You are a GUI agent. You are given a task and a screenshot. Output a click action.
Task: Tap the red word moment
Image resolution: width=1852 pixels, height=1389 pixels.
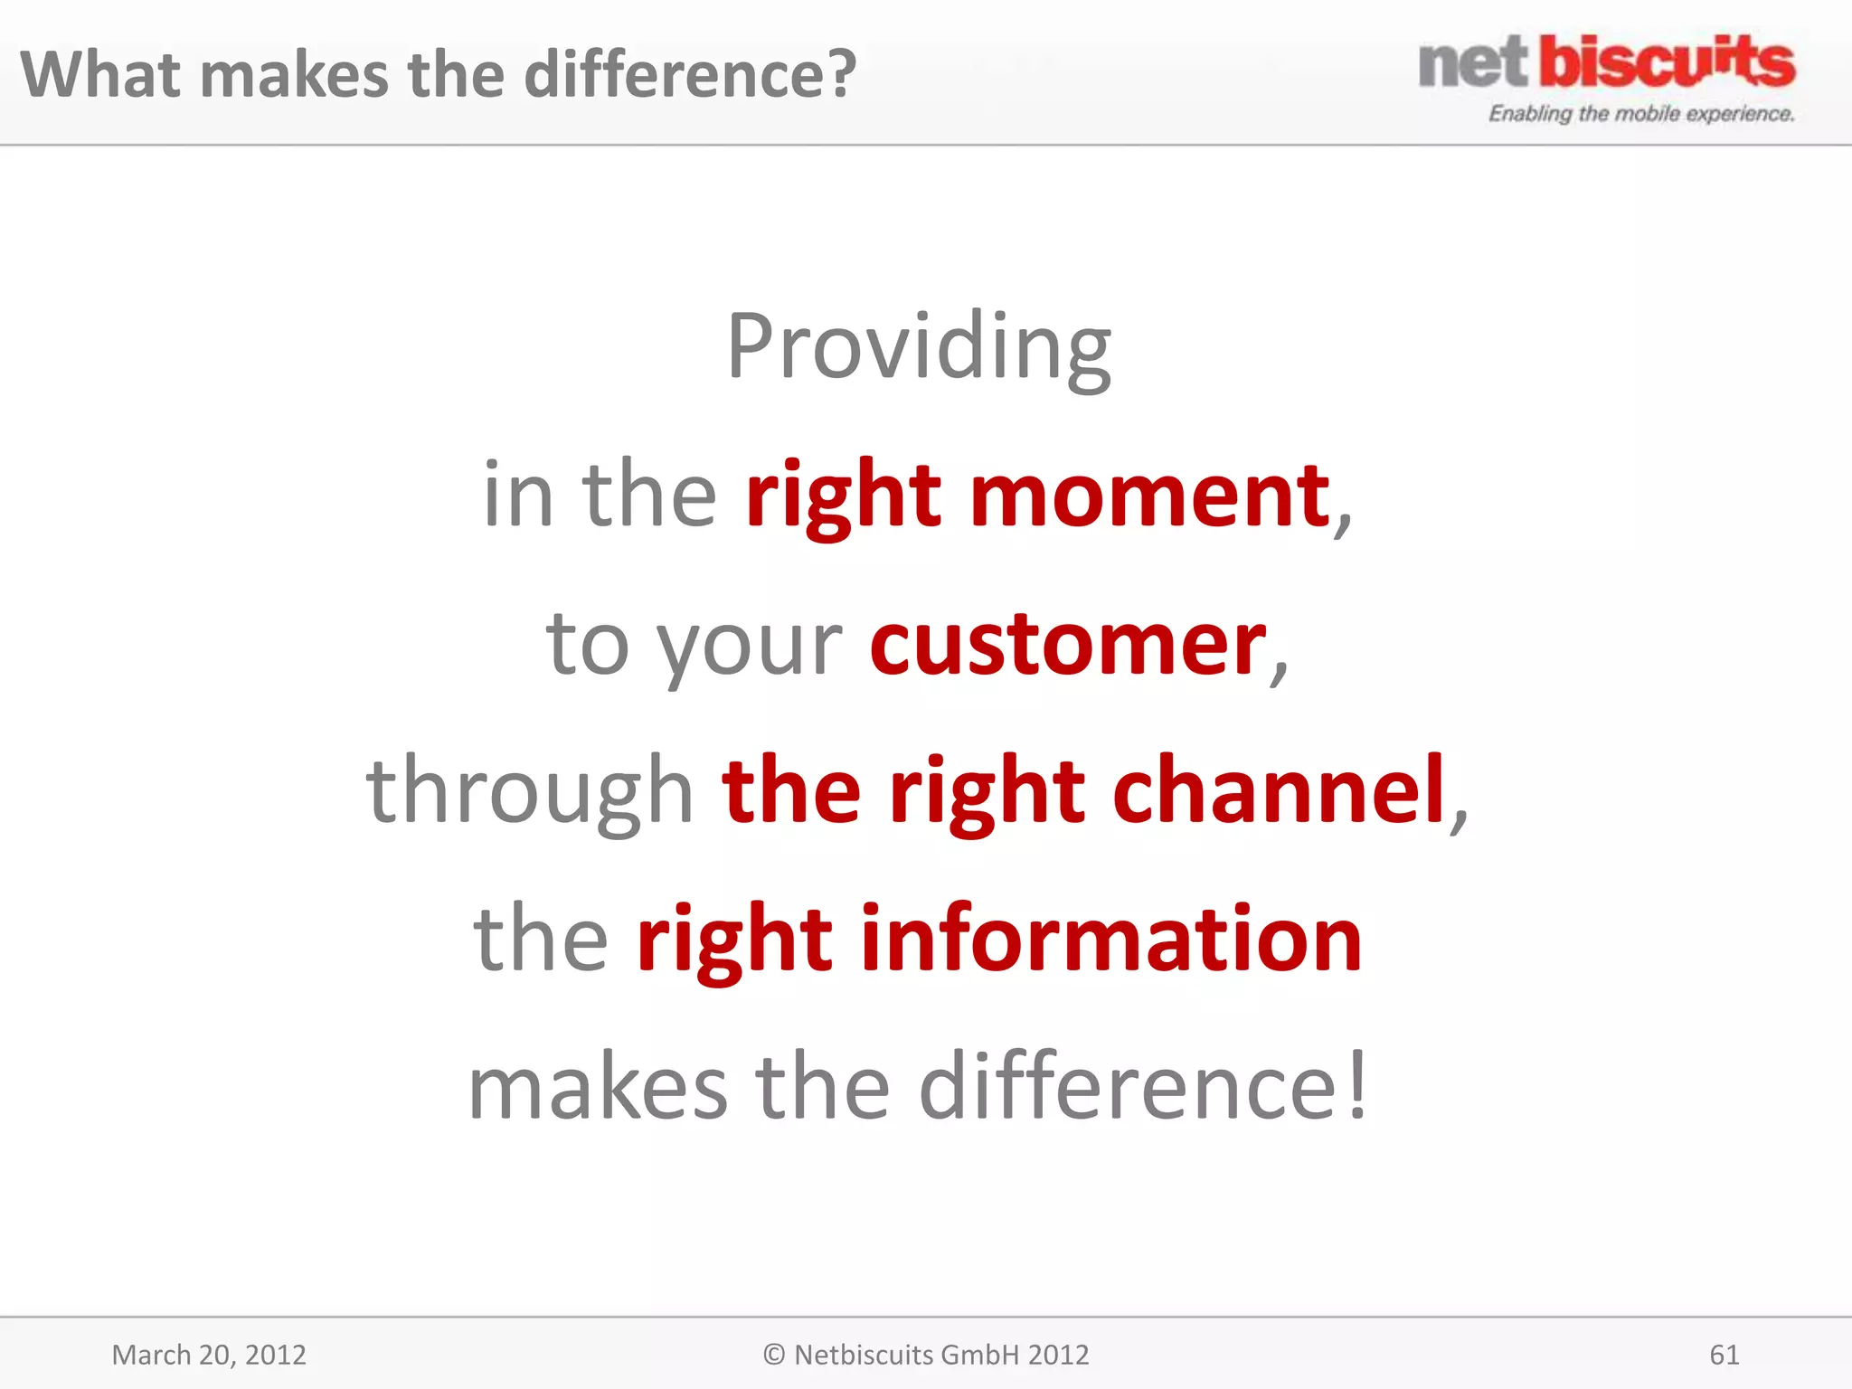(1149, 496)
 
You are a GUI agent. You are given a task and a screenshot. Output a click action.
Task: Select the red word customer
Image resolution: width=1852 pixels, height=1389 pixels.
(1068, 644)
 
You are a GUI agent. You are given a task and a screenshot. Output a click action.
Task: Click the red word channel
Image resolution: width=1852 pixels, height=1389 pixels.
(1279, 791)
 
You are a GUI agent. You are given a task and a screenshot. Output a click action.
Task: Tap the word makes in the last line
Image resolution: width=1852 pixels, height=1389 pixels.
(598, 1088)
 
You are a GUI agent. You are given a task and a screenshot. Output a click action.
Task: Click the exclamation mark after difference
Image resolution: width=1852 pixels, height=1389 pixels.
(1356, 1086)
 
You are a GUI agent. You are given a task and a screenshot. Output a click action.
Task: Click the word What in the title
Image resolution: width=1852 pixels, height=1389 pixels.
(99, 74)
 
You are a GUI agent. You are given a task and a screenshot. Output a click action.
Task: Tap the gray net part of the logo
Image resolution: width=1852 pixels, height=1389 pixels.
(1473, 63)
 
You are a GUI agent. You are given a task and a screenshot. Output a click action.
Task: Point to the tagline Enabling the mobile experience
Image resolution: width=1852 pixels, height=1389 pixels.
(1640, 114)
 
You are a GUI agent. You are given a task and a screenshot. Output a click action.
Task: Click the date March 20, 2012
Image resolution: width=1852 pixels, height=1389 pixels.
(209, 1355)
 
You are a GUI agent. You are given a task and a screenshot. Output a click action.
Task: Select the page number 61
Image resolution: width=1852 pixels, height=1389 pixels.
(1724, 1355)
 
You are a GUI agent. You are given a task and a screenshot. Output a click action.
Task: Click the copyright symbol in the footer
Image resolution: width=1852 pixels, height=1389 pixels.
(773, 1355)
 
